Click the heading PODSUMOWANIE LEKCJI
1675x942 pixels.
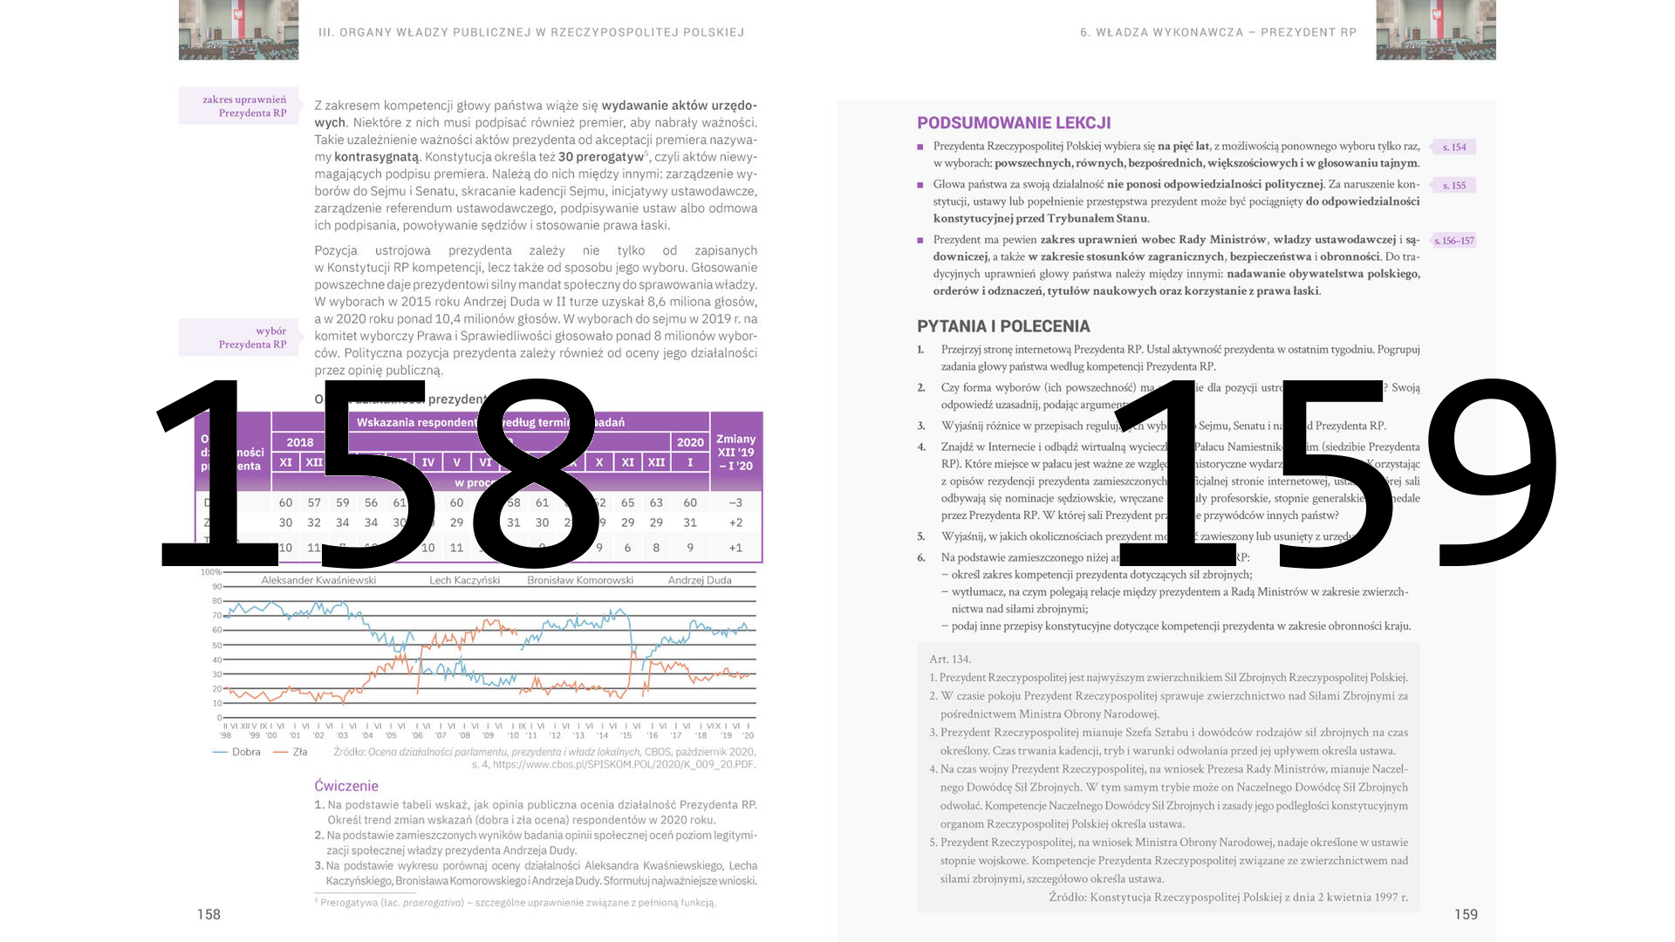click(1014, 123)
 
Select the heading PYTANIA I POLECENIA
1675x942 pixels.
click(1003, 326)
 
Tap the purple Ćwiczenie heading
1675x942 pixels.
click(346, 786)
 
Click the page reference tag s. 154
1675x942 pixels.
click(1454, 147)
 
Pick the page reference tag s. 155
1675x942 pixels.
click(1454, 186)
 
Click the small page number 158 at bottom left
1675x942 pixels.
click(209, 914)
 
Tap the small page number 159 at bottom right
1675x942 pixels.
click(1466, 914)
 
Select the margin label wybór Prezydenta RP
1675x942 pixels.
click(252, 338)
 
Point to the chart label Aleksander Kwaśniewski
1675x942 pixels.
click(318, 580)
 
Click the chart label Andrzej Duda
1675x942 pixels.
click(700, 580)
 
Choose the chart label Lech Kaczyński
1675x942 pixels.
click(464, 580)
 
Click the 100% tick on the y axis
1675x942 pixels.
click(211, 572)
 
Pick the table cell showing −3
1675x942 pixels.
click(735, 502)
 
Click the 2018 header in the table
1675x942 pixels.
click(300, 442)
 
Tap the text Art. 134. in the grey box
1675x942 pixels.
click(950, 659)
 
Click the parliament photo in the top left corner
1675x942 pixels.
click(238, 30)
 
